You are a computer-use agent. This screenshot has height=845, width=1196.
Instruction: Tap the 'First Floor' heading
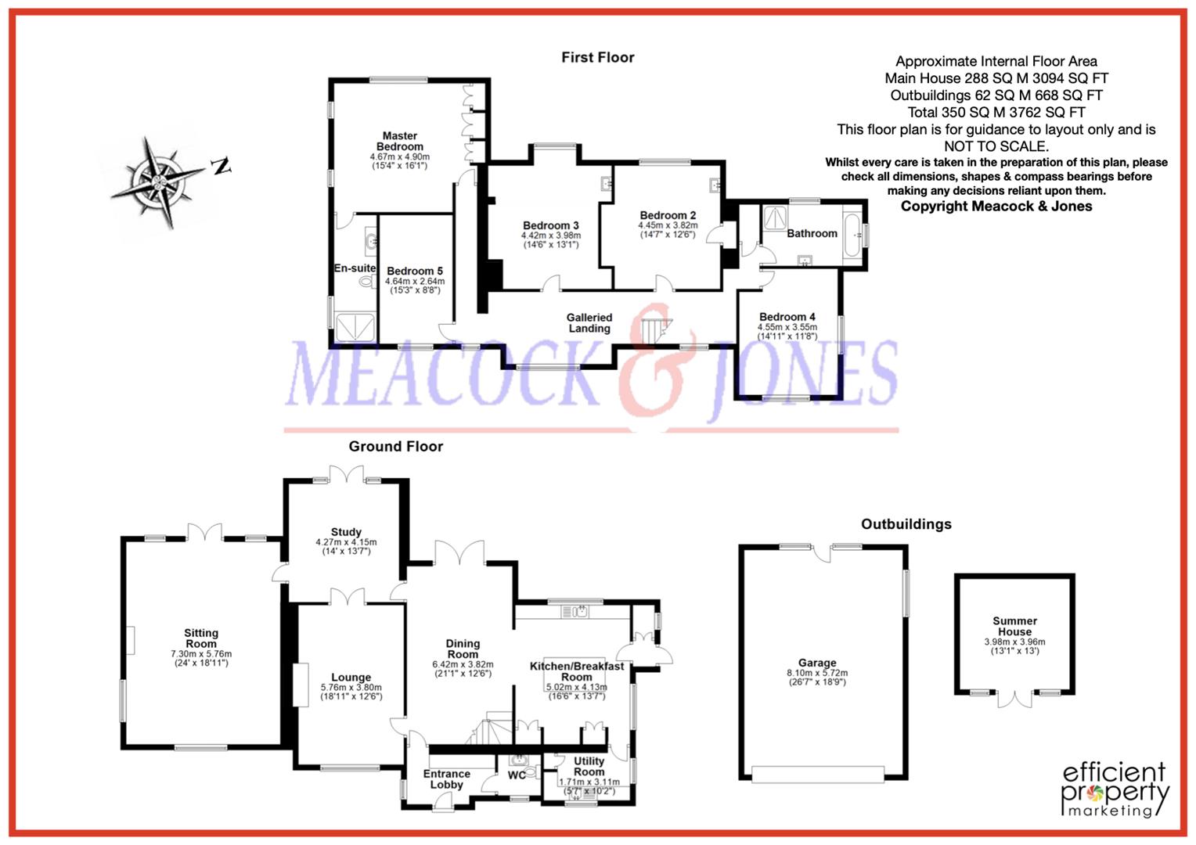pos(597,57)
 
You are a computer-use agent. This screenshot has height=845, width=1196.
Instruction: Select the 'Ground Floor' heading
pos(395,446)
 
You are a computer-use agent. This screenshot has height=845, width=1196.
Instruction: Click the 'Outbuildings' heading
pos(906,524)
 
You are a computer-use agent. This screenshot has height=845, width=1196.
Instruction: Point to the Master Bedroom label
pos(399,141)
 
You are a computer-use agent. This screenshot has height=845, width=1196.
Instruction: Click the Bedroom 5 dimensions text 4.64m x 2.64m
pos(414,281)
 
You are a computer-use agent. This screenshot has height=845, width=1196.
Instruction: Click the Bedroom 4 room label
pos(787,317)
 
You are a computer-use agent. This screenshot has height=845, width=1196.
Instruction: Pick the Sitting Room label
pos(201,638)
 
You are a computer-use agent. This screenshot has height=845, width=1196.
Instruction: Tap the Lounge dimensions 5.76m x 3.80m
pos(351,688)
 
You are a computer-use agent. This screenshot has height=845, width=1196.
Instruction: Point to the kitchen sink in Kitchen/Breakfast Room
pos(575,611)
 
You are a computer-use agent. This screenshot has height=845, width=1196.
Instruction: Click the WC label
pos(517,775)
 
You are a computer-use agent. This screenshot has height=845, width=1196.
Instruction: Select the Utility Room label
pos(589,766)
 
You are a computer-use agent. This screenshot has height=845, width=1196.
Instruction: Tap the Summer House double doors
pos(1014,699)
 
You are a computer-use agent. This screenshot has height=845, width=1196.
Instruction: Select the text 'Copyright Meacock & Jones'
pos(996,206)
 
